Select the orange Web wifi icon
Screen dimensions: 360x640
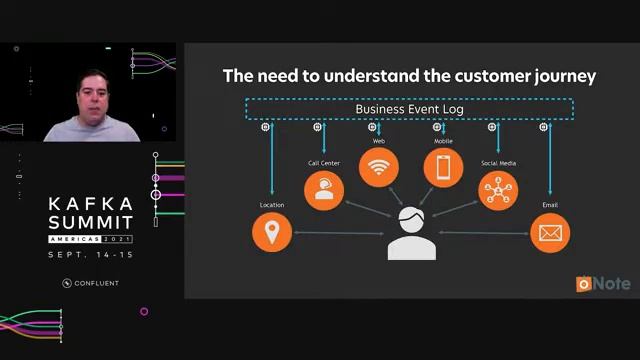[379, 167]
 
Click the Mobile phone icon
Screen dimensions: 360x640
[443, 167]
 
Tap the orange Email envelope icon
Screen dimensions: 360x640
[549, 232]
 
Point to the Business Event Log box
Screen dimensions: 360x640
[410, 108]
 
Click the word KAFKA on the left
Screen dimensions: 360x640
[90, 203]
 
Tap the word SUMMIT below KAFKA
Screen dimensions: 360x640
[90, 221]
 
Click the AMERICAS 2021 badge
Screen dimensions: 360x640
[90, 240]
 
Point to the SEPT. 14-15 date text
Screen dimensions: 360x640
[90, 256]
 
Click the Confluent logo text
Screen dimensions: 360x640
[96, 283]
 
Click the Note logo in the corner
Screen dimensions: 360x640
[603, 284]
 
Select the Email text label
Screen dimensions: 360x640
[549, 205]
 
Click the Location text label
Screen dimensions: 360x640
[272, 205]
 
